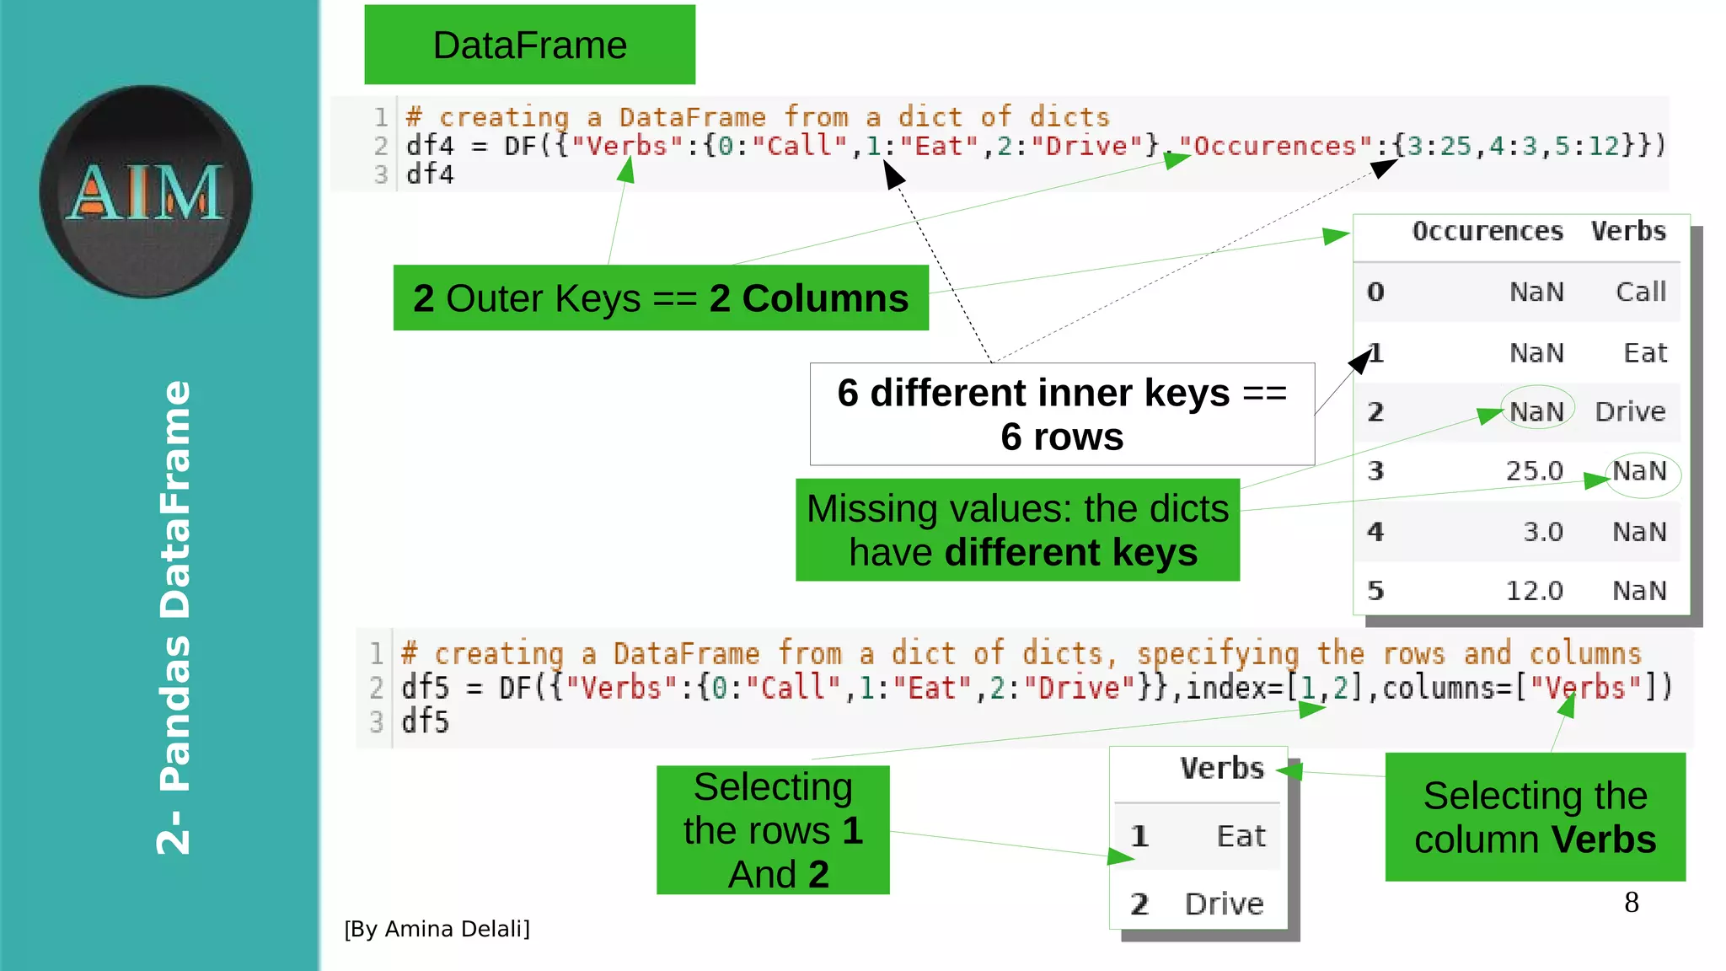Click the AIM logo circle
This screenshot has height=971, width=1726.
[x=146, y=191]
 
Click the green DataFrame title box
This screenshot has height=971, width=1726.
[x=529, y=45]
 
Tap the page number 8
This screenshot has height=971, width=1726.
[x=1631, y=903]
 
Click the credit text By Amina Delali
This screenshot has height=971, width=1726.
[x=437, y=929]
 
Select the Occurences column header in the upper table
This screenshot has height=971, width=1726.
[x=1487, y=232]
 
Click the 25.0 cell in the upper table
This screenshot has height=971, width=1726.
[x=1534, y=471]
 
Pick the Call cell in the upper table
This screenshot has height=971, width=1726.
[x=1640, y=292]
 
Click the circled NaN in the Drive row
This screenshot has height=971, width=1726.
[x=1536, y=411]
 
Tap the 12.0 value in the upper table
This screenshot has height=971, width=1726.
[x=1534, y=591]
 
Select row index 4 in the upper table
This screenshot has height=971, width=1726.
[x=1375, y=532]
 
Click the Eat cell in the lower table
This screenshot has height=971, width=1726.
[x=1241, y=836]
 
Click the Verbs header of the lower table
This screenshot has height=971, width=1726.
[x=1222, y=769]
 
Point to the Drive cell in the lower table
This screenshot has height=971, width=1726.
[x=1224, y=904]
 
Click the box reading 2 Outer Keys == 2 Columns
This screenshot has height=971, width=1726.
[x=661, y=298]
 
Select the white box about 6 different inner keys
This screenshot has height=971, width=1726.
[x=1062, y=414]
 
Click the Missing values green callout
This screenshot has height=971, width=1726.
[x=1017, y=530]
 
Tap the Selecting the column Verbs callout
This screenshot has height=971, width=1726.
[x=1535, y=817]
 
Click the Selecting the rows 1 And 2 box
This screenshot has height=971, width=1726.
[x=773, y=830]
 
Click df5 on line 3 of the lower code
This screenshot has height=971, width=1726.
[x=425, y=722]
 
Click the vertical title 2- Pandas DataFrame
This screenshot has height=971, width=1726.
[x=174, y=617]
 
